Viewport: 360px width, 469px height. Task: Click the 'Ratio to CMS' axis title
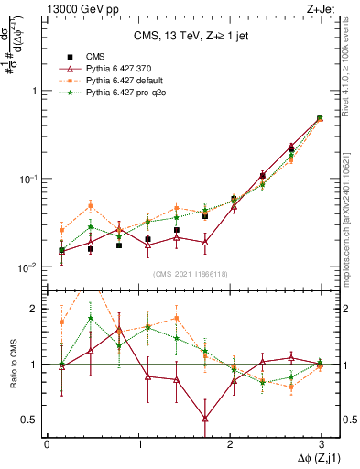click(x=13, y=364)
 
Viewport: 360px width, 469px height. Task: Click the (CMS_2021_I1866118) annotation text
click(x=191, y=274)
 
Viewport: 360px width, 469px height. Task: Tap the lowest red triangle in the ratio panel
click(x=205, y=419)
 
